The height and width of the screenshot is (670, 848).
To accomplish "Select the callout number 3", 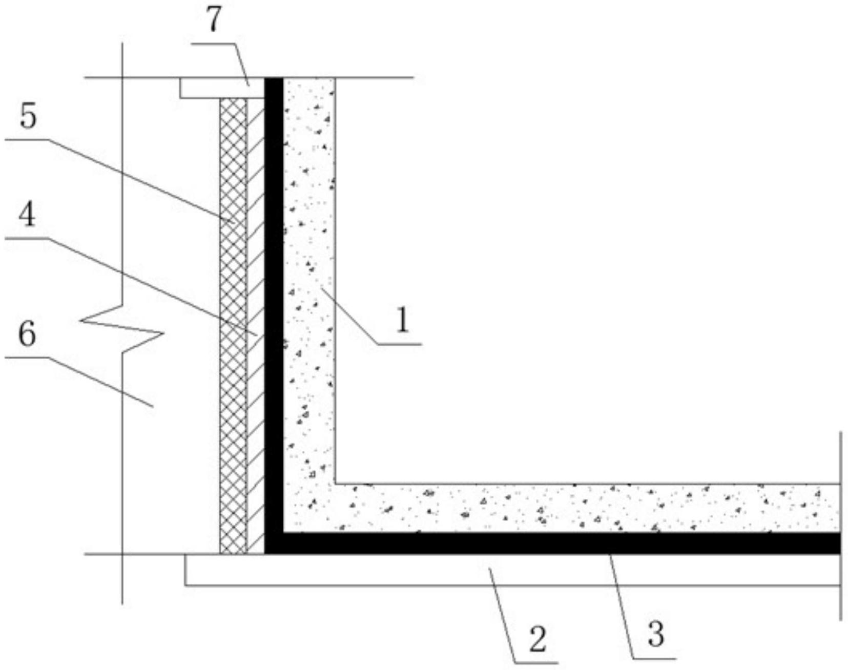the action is click(x=656, y=634).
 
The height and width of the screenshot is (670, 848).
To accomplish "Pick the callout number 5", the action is click(x=29, y=117).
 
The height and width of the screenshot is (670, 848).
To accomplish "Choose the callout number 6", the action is click(x=27, y=334).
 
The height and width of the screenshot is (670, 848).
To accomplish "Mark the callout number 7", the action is click(x=214, y=20).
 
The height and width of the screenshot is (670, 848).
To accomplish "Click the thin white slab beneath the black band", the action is click(x=512, y=570).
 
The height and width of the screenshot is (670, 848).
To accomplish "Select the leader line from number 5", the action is click(x=138, y=179).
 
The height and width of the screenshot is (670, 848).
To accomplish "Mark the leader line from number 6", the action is click(x=102, y=382).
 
